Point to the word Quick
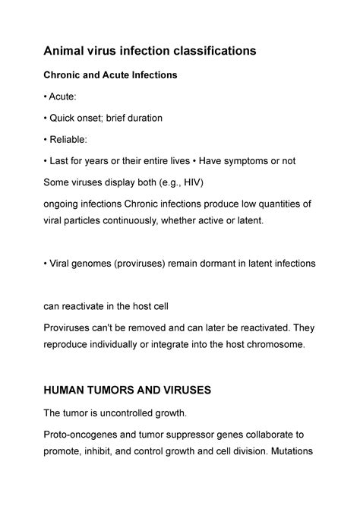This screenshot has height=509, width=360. click(64, 119)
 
